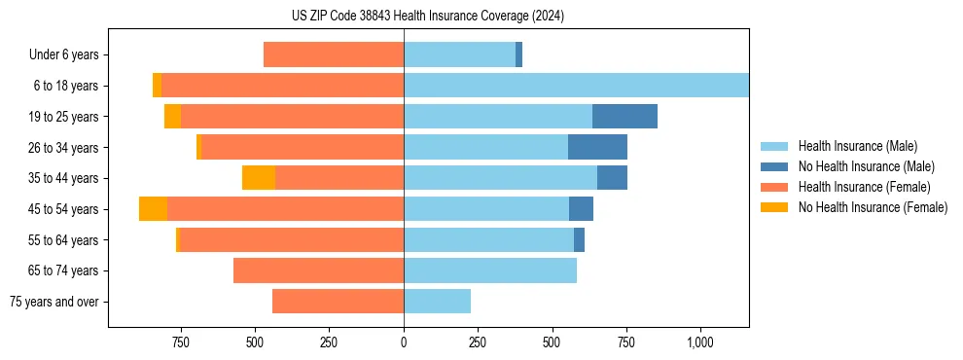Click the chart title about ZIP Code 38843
point(427,16)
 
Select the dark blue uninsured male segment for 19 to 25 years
point(624,117)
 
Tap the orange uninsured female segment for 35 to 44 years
point(259,178)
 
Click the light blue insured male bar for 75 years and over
point(437,302)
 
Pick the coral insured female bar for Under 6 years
point(334,54)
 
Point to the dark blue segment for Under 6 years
point(518,54)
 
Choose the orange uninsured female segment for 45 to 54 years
point(153,209)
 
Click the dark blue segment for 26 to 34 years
point(597,147)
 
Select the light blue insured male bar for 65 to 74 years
point(490,270)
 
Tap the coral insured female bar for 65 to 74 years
point(318,270)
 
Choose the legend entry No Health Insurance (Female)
point(873,207)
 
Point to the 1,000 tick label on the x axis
point(700,342)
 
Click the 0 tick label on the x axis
point(404,342)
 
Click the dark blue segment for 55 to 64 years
point(579,240)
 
